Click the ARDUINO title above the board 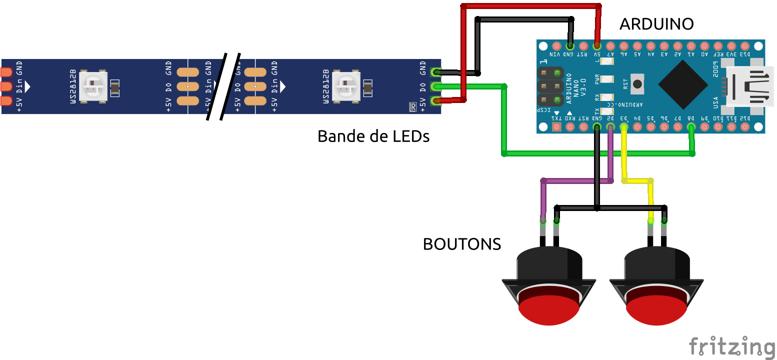(x=656, y=23)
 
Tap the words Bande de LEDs (x=373, y=136)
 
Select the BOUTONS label (x=461, y=244)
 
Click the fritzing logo (x=731, y=346)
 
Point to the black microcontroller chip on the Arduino (x=682, y=85)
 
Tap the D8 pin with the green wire (x=691, y=127)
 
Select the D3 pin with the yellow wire (x=624, y=127)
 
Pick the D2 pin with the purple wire (x=610, y=127)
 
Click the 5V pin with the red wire (x=597, y=45)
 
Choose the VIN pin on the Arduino (x=556, y=45)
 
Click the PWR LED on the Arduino (x=606, y=79)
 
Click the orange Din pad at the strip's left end (x=6, y=86)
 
